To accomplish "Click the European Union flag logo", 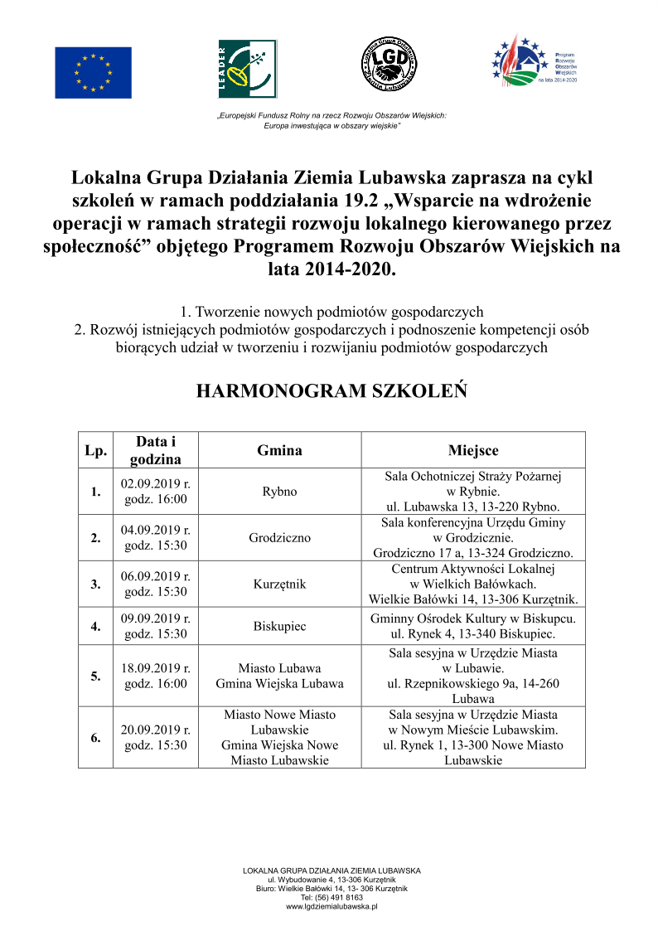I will [x=93, y=73].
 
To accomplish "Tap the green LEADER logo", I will [x=242, y=69].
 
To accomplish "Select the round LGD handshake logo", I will [x=390, y=65].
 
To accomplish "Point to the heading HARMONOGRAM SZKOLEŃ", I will [x=331, y=391].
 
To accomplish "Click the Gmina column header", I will [x=279, y=450].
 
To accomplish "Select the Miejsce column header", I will [x=473, y=450].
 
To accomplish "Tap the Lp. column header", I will [x=96, y=450].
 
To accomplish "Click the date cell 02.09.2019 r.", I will [x=156, y=483].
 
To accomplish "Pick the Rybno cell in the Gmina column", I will [x=279, y=492].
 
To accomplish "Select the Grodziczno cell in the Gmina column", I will [x=279, y=537].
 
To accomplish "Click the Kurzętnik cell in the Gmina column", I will [x=279, y=584].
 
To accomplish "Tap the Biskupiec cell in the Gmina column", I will [x=279, y=626].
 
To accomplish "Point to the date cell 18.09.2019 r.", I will [x=156, y=667].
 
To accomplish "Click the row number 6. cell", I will [x=96, y=737].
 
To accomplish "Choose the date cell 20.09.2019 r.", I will [x=156, y=730].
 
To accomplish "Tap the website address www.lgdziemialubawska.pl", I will [x=331, y=907].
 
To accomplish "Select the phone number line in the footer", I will [x=331, y=898].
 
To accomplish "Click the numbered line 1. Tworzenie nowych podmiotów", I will [x=331, y=313].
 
